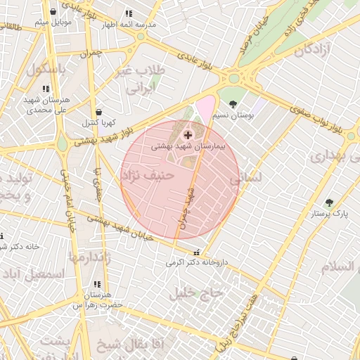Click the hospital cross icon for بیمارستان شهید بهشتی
pos(188,134)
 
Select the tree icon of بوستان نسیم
pos(233,104)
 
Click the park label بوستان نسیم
pos(233,115)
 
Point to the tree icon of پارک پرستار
pos(329,202)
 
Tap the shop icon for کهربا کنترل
pos(98,112)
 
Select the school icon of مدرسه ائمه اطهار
pos(128,13)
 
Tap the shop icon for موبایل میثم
pos(53,12)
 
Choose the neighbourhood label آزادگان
pos(314,50)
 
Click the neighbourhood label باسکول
pos(47,69)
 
